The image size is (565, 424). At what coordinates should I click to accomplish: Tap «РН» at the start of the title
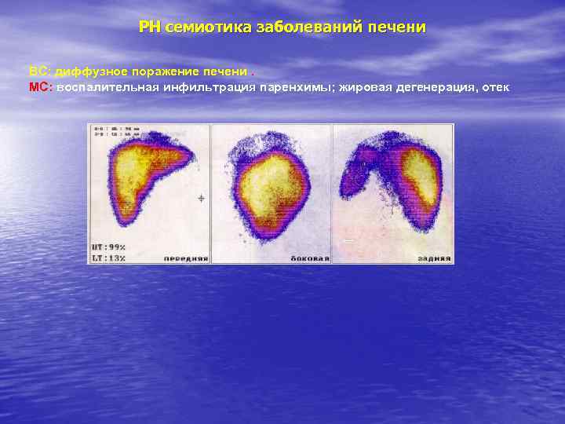pyautogui.click(x=149, y=27)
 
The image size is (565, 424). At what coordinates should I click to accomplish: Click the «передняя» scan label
pyautogui.click(x=185, y=258)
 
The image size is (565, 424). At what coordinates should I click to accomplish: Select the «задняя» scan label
pyautogui.click(x=433, y=258)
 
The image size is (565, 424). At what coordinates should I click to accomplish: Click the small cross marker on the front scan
pyautogui.click(x=201, y=199)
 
